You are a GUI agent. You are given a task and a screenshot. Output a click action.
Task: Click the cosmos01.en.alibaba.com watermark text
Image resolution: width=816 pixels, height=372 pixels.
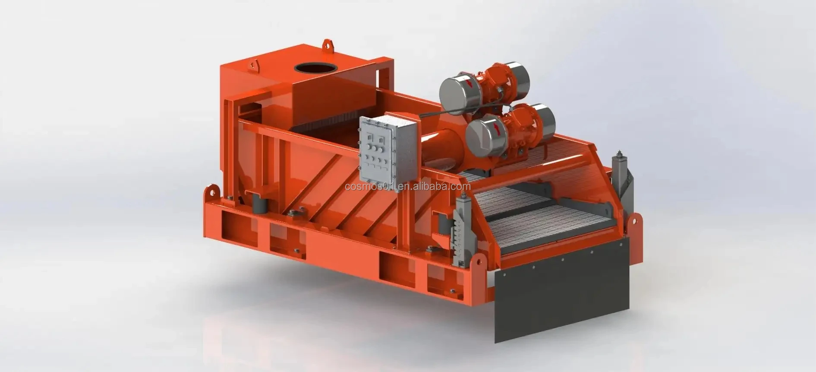coord(408,187)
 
